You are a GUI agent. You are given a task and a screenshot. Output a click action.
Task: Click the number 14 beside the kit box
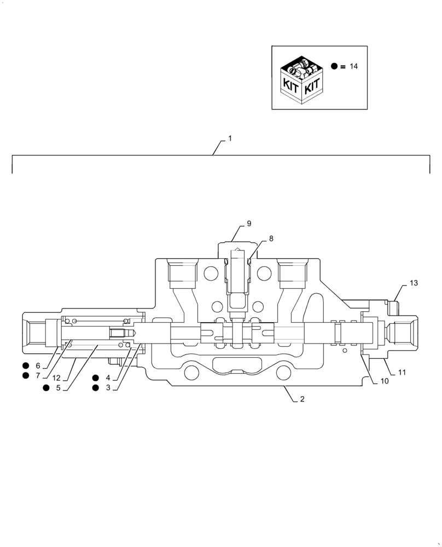click(x=353, y=66)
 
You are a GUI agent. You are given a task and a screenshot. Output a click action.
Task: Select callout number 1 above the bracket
click(x=230, y=139)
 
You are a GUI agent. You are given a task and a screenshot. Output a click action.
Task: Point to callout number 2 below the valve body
click(x=301, y=399)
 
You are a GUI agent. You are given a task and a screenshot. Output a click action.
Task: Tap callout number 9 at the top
click(x=249, y=223)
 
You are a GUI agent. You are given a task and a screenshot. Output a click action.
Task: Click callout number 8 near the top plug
click(x=271, y=238)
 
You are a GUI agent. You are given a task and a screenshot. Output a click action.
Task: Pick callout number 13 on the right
click(x=414, y=283)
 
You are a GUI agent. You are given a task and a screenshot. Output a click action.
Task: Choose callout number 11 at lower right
click(x=402, y=373)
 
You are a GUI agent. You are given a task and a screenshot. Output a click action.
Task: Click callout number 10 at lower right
click(x=385, y=381)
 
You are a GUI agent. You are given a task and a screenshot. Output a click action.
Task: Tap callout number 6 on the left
click(x=38, y=365)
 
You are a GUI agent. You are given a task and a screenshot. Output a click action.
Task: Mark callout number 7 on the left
click(x=38, y=376)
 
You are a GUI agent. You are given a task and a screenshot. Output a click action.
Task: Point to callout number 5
click(x=59, y=388)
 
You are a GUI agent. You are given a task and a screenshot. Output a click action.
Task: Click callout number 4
click(x=108, y=377)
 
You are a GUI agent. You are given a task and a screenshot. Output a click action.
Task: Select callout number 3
click(x=108, y=388)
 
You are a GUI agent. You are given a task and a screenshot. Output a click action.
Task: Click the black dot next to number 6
click(x=25, y=365)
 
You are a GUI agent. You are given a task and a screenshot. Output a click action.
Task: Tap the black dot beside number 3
click(x=96, y=388)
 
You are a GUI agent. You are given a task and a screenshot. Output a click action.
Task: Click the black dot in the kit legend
click(x=334, y=66)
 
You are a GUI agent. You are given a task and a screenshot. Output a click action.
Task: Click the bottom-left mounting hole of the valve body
click(x=192, y=373)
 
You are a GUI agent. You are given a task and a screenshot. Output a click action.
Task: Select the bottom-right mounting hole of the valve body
click(x=283, y=373)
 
